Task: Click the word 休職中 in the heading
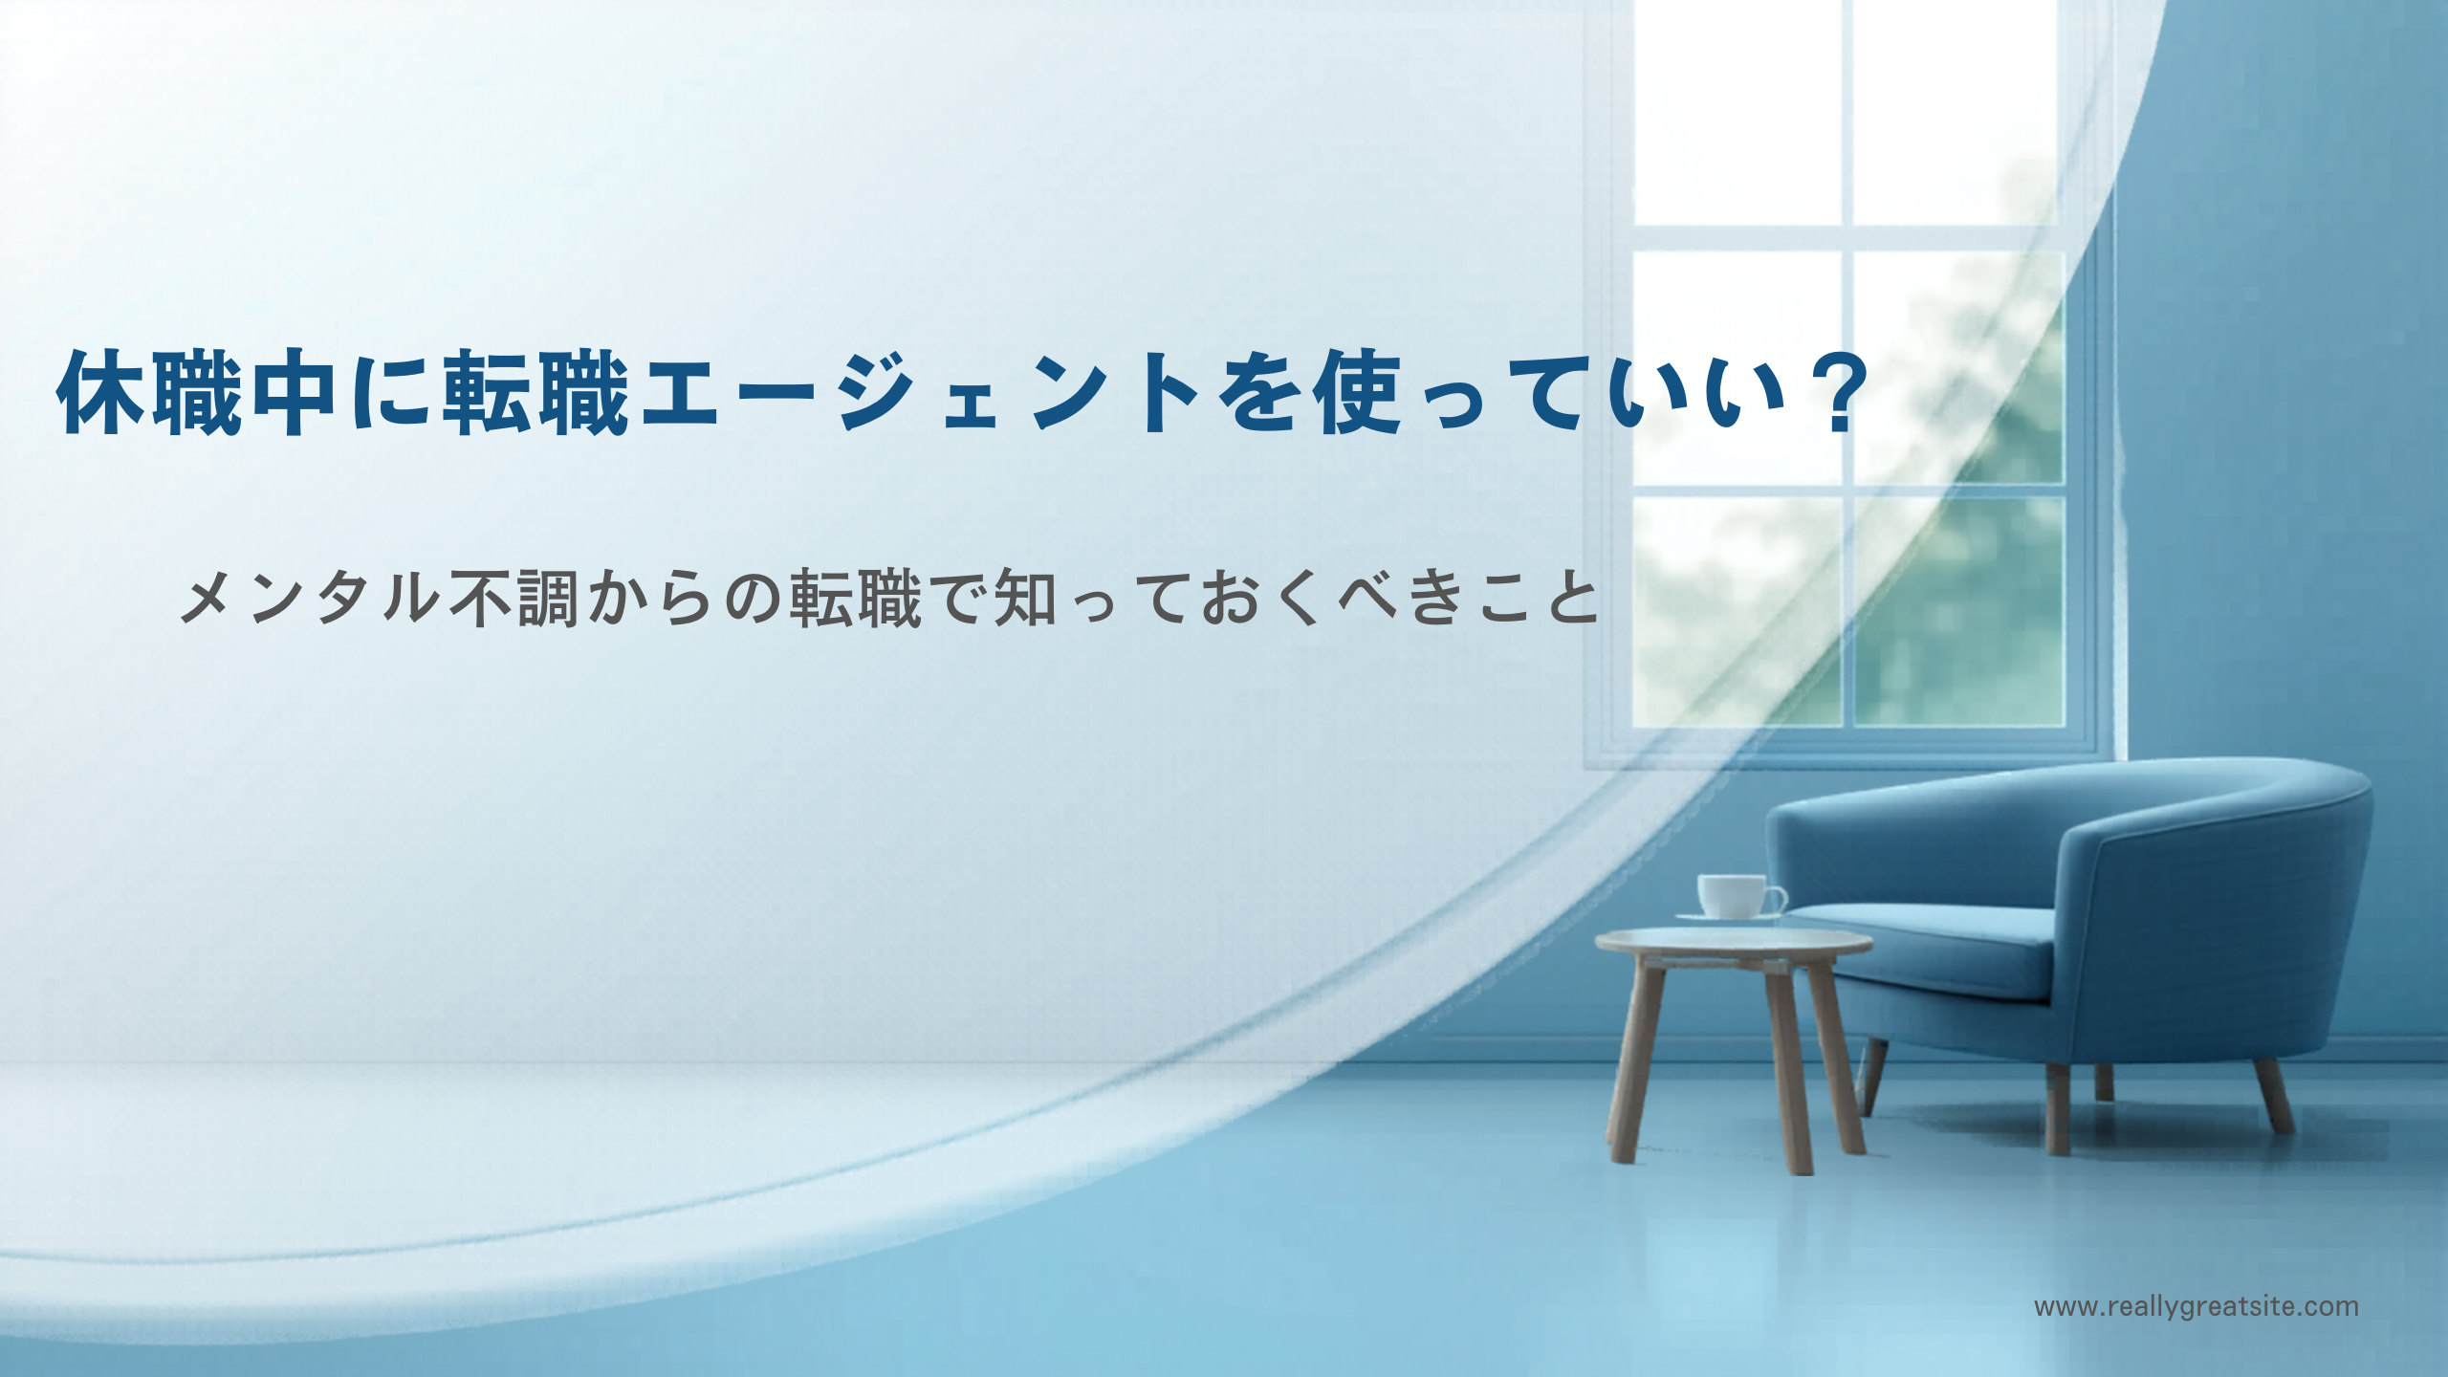pyautogui.click(x=196, y=393)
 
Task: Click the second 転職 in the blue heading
pyautogui.click(x=535, y=393)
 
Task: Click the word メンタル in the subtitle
pyautogui.click(x=310, y=599)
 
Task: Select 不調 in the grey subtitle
pyautogui.click(x=514, y=599)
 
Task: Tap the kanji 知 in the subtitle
pyautogui.click(x=1026, y=599)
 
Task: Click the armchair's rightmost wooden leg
pyautogui.click(x=2273, y=1096)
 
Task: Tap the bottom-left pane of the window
pyautogui.click(x=1736, y=612)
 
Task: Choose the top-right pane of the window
pyautogui.click(x=1955, y=113)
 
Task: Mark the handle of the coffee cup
pyautogui.click(x=1776, y=899)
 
